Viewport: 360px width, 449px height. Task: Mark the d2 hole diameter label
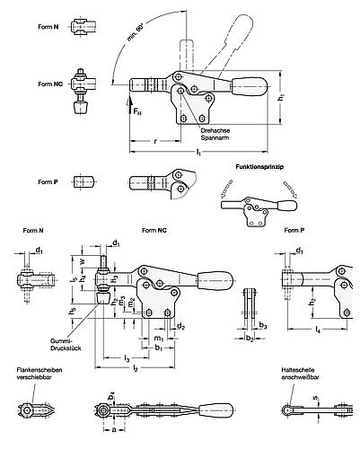(181, 326)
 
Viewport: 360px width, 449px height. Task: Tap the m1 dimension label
(159, 336)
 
